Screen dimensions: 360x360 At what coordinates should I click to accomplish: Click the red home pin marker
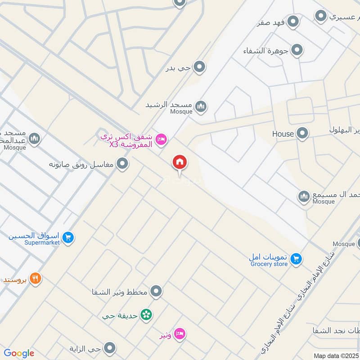(180, 162)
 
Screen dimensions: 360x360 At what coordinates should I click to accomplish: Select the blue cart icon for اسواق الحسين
(68, 237)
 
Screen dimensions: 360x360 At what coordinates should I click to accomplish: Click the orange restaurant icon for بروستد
(36, 279)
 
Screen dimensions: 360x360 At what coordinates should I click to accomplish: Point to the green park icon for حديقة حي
(145, 315)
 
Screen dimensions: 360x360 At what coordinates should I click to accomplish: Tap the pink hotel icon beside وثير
(179, 334)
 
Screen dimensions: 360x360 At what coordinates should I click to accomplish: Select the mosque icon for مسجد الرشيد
(200, 106)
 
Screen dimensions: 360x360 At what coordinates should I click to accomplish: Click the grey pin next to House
(302, 133)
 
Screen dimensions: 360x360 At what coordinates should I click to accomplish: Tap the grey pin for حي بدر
(199, 67)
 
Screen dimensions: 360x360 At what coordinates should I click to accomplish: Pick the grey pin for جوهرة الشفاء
(297, 50)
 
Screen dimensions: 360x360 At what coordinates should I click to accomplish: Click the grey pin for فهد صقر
(293, 21)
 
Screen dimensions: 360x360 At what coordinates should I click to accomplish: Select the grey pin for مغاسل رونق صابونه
(122, 164)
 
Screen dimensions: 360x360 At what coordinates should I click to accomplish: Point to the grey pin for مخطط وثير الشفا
(156, 292)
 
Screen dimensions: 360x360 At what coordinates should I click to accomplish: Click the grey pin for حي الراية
(109, 348)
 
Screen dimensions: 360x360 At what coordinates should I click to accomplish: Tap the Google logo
(19, 353)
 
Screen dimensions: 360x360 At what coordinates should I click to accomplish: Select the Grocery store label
(269, 264)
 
